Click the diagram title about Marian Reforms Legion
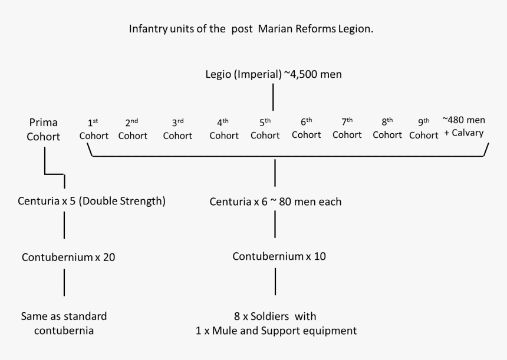point(251,29)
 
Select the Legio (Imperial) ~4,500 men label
point(273,74)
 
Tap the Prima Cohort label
point(45,129)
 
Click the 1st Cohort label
point(94,129)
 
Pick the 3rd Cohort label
point(177,129)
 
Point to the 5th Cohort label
point(265,129)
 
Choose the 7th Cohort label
point(347,129)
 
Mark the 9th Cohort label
point(424,129)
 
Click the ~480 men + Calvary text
point(463,127)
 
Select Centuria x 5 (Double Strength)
point(91,202)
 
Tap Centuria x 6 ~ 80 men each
point(275,202)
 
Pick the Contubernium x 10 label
point(279,256)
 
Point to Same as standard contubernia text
point(64,323)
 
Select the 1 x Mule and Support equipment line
point(275,331)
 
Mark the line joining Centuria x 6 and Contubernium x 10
point(275,225)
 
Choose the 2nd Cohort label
point(133,129)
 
